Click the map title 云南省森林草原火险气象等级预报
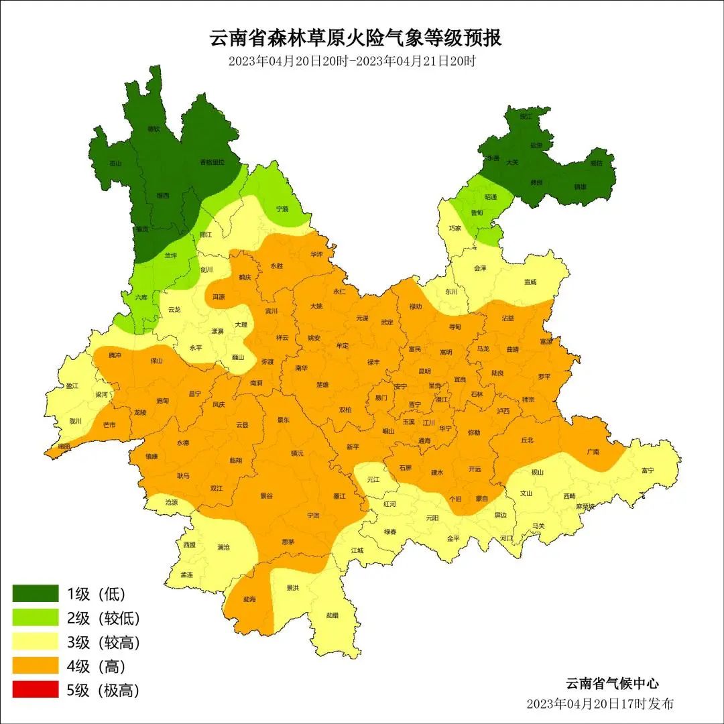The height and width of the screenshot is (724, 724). coord(356,38)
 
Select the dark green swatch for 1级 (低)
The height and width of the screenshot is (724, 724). coord(36,593)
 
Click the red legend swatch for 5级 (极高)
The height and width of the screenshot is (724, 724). coord(36,690)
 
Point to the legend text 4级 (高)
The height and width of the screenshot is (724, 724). coord(97,666)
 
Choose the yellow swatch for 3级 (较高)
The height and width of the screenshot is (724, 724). coord(36,642)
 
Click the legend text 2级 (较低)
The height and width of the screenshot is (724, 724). coord(103,618)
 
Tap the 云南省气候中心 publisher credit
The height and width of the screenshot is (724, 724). coord(612,684)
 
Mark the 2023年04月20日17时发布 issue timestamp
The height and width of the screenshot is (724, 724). coord(600,704)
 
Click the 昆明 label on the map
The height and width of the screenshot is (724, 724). coord(424,371)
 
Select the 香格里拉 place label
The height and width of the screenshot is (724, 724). coord(213,162)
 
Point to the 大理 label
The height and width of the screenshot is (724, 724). coord(241,324)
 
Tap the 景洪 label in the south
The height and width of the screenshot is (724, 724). coord(292,588)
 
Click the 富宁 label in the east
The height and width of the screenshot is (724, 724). coord(647,471)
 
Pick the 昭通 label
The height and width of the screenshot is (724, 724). coord(491,197)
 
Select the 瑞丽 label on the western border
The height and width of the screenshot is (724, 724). coord(64,446)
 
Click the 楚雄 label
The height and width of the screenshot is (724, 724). coord(322,385)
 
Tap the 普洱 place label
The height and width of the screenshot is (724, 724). coord(313,516)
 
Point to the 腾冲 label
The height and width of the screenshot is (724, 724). coord(114,355)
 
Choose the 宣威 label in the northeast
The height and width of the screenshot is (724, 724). coord(530,282)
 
